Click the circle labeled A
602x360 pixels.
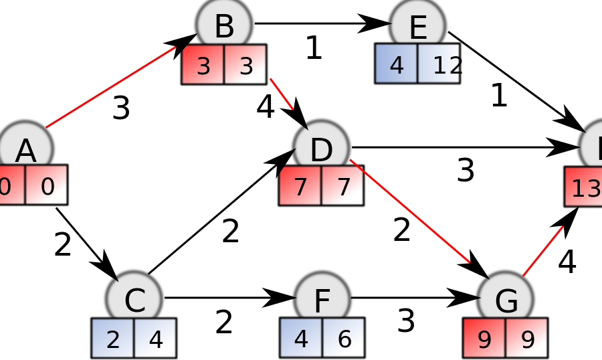pyautogui.click(x=25, y=149)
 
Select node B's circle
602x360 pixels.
pyautogui.click(x=224, y=25)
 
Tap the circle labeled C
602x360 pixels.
pyautogui.click(x=134, y=299)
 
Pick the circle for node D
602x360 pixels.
pyautogui.click(x=321, y=149)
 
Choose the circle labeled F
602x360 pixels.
pyautogui.click(x=322, y=299)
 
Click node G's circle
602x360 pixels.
pyautogui.click(x=506, y=299)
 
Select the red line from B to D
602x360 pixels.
pyautogui.click(x=282, y=94)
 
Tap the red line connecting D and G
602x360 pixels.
pyautogui.click(x=410, y=211)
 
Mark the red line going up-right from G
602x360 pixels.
pyautogui.click(x=542, y=251)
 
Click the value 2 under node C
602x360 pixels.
pyautogui.click(x=113, y=339)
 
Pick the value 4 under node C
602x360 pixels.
pyautogui.click(x=156, y=339)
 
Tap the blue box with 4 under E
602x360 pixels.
pyautogui.click(x=397, y=64)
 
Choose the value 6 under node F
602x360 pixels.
pyautogui.click(x=344, y=339)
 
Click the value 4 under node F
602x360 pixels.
pyautogui.click(x=301, y=339)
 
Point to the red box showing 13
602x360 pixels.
pyautogui.click(x=584, y=187)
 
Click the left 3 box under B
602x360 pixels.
pyautogui.click(x=203, y=65)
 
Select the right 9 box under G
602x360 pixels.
pyautogui.click(x=527, y=339)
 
